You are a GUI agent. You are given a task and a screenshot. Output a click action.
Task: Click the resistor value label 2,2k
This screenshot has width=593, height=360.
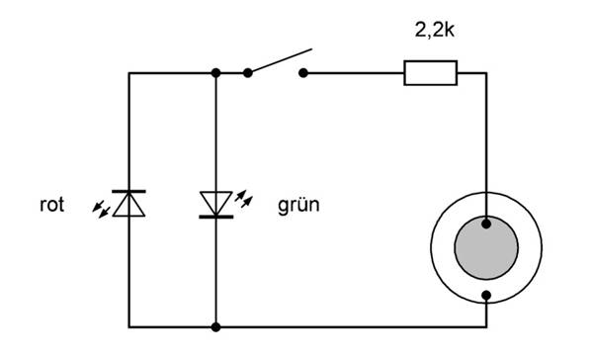[435, 29]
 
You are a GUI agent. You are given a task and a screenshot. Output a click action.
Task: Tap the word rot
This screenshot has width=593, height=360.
[51, 205]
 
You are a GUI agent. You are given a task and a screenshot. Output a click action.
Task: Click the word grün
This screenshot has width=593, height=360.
[298, 206]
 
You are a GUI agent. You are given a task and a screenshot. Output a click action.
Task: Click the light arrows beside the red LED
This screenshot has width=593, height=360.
[102, 210]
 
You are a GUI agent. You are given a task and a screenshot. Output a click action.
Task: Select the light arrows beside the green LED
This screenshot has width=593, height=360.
[244, 199]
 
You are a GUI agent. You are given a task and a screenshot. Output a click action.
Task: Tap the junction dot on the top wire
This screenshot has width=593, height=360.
[215, 72]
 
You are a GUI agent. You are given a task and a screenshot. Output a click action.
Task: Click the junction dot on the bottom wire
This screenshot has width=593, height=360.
[215, 327]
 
